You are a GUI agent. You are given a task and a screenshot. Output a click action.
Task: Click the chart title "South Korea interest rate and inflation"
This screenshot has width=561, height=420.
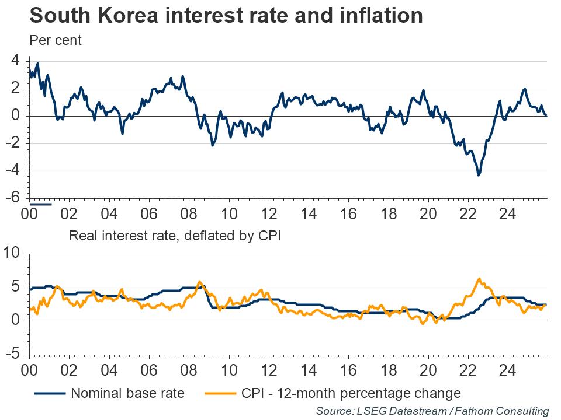click(226, 16)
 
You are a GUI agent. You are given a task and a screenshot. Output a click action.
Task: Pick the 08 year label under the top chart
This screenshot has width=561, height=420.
click(189, 214)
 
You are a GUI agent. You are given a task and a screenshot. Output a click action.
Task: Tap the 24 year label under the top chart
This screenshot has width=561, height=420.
click(508, 214)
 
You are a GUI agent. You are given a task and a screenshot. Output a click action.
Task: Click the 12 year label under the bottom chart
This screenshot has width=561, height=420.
click(268, 370)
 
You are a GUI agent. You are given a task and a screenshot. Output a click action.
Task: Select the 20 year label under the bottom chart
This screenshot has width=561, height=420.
click(428, 370)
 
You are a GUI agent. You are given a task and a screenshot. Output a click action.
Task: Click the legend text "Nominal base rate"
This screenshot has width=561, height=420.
click(128, 393)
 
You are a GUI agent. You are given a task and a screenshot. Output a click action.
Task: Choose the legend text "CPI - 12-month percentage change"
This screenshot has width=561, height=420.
click(351, 393)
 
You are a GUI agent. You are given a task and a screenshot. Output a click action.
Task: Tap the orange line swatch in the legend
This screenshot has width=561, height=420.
click(220, 393)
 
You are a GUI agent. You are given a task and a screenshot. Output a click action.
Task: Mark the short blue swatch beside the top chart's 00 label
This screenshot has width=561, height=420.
click(41, 204)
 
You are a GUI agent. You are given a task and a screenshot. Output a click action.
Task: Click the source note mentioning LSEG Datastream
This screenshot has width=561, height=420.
click(432, 411)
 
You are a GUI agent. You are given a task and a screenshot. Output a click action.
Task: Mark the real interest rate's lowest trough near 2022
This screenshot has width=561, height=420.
click(479, 174)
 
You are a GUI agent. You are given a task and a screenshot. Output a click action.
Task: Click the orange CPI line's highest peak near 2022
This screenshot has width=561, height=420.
click(479, 279)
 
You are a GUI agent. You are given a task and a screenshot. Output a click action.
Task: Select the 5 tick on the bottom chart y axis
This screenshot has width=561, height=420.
click(16, 287)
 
